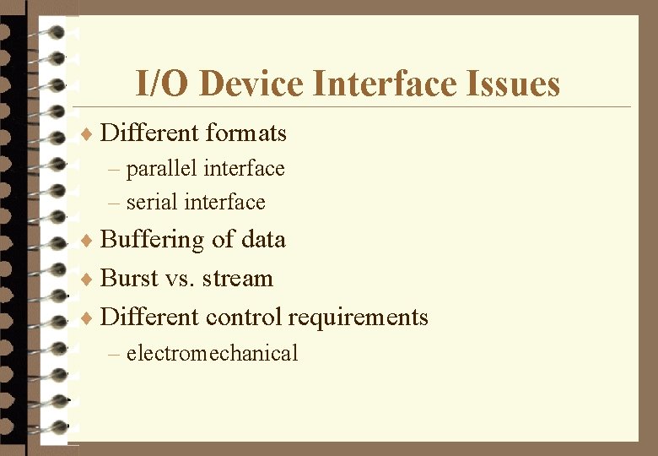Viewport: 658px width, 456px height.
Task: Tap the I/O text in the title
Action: point(164,84)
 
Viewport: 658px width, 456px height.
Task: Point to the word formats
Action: point(245,133)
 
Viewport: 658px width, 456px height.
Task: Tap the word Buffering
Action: point(153,241)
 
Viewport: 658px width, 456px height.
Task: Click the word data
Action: point(263,240)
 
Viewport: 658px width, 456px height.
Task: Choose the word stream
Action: point(243,280)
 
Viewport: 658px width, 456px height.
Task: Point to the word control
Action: point(244,318)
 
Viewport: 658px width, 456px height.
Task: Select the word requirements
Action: point(359,318)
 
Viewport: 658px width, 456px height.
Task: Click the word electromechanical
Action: point(212,353)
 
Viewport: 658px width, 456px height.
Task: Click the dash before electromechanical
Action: point(115,354)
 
